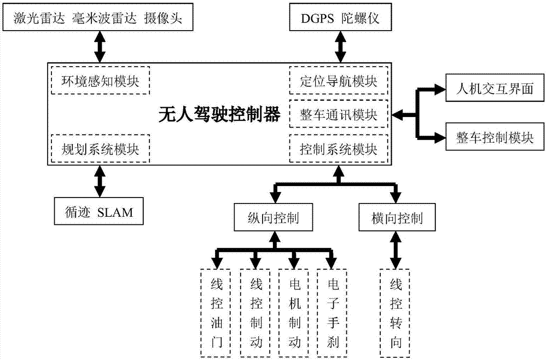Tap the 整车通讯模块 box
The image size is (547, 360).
coord(339,115)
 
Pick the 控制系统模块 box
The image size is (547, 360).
coord(339,148)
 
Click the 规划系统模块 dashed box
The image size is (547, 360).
coord(100,148)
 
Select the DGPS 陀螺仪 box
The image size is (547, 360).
coord(340,21)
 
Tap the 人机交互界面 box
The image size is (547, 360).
coord(494,88)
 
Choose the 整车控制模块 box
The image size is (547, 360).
coord(494,138)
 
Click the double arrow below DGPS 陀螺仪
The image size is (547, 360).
coord(340,47)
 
